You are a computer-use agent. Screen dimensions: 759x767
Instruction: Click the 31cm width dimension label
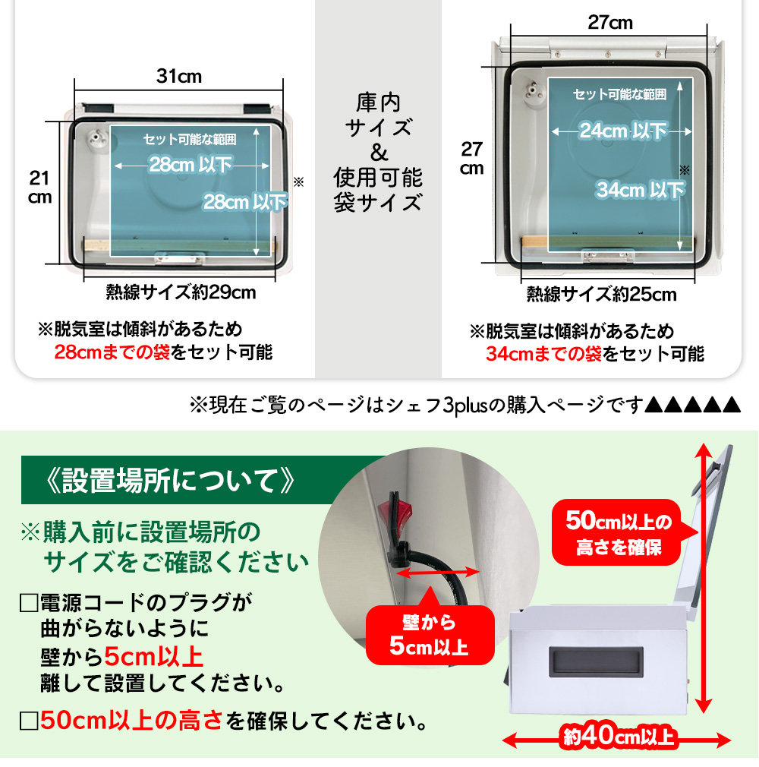click(179, 76)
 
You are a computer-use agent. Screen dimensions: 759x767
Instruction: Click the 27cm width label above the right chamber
click(609, 23)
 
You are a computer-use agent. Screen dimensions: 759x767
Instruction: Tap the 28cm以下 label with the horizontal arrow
click(191, 165)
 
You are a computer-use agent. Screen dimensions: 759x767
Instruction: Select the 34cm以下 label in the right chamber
click(640, 190)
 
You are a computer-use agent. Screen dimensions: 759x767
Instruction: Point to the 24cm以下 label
click(623, 131)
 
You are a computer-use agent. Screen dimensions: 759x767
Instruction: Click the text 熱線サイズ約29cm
click(181, 292)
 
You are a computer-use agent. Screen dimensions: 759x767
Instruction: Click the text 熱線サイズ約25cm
click(602, 295)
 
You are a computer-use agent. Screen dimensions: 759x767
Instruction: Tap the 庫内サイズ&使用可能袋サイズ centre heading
click(378, 153)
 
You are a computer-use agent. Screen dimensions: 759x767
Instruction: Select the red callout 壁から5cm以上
click(430, 635)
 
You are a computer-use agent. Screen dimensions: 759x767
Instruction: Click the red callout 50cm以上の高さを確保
click(618, 532)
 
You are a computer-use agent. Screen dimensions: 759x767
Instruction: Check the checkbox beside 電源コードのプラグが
click(29, 603)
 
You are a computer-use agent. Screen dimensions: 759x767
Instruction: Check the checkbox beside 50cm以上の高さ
click(29, 721)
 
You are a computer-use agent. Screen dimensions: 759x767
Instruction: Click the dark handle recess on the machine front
click(596, 662)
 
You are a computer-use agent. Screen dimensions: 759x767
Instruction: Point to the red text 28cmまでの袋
click(112, 352)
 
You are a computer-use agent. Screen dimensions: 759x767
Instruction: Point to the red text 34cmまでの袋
click(543, 354)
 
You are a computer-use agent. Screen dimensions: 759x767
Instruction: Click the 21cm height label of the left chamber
click(39, 188)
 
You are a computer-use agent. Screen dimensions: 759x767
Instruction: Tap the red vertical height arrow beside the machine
click(703, 578)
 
